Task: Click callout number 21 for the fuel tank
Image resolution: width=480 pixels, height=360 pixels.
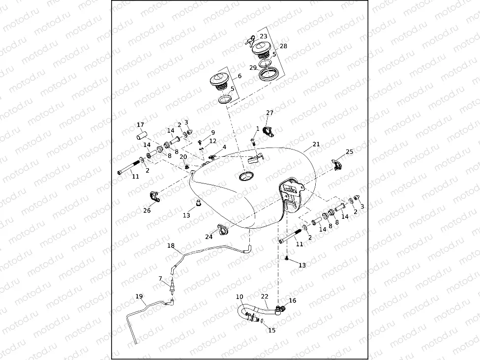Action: click(316, 145)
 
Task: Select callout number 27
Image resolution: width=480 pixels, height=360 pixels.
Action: click(270, 113)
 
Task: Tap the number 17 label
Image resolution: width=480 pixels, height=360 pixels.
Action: click(140, 124)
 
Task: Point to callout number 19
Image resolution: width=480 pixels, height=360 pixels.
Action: click(139, 296)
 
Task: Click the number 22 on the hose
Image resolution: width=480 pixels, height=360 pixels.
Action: click(265, 297)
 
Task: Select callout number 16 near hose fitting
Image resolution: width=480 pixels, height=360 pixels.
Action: click(292, 300)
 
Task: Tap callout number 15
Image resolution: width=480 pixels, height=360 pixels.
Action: click(272, 330)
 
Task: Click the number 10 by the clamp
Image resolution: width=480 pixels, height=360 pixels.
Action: click(240, 297)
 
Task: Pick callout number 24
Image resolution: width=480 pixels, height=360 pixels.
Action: click(209, 237)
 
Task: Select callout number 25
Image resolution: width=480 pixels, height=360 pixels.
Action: click(349, 152)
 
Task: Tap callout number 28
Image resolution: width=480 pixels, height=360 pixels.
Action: click(283, 46)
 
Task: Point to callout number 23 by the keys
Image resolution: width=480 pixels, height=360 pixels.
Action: click(264, 36)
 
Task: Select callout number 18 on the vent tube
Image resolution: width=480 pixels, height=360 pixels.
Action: click(171, 245)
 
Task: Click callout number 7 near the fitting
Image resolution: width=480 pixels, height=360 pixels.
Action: click(160, 278)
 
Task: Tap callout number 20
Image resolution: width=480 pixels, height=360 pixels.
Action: click(183, 156)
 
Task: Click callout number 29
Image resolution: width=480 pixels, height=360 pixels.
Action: click(253, 67)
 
